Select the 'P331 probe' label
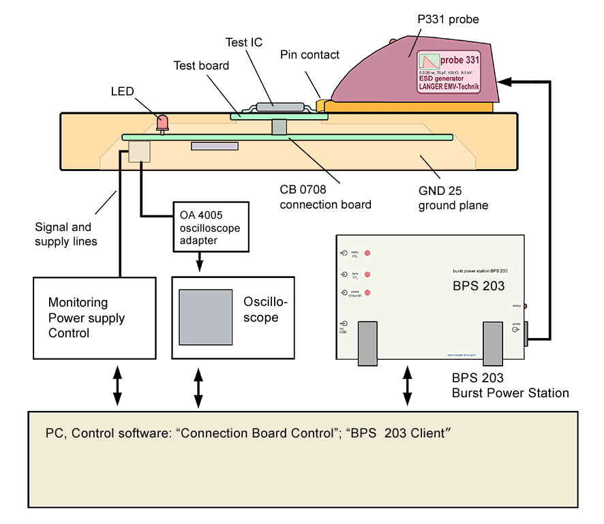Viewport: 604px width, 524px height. pos(448,20)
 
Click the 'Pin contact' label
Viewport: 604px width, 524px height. pos(309,55)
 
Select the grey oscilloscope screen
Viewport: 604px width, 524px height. pos(206,318)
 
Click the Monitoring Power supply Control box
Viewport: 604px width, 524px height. pos(95,318)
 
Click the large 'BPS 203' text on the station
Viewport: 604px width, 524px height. pos(479,286)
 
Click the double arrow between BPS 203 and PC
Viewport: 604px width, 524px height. pos(408,387)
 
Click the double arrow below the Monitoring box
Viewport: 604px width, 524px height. pos(117,387)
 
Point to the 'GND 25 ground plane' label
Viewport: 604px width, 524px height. pos(453,198)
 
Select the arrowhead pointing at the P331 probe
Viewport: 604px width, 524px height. pos(504,81)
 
